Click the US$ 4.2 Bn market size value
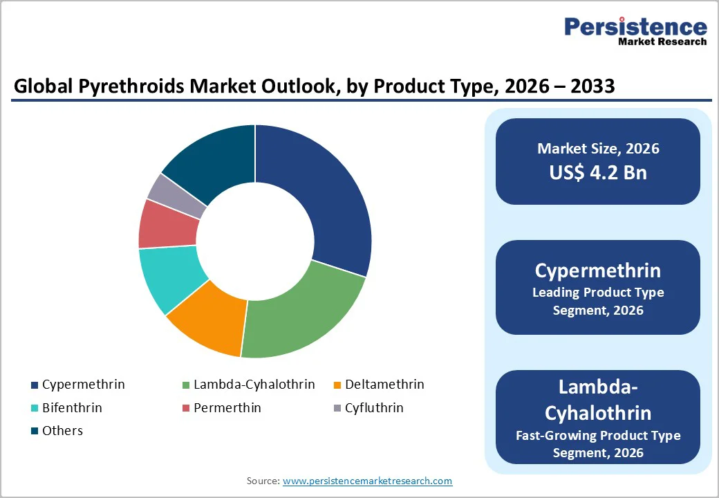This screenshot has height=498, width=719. (598, 172)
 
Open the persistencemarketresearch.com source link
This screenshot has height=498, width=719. (367, 481)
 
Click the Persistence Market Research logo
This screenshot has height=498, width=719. (635, 31)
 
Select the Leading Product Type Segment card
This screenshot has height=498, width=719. (598, 288)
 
